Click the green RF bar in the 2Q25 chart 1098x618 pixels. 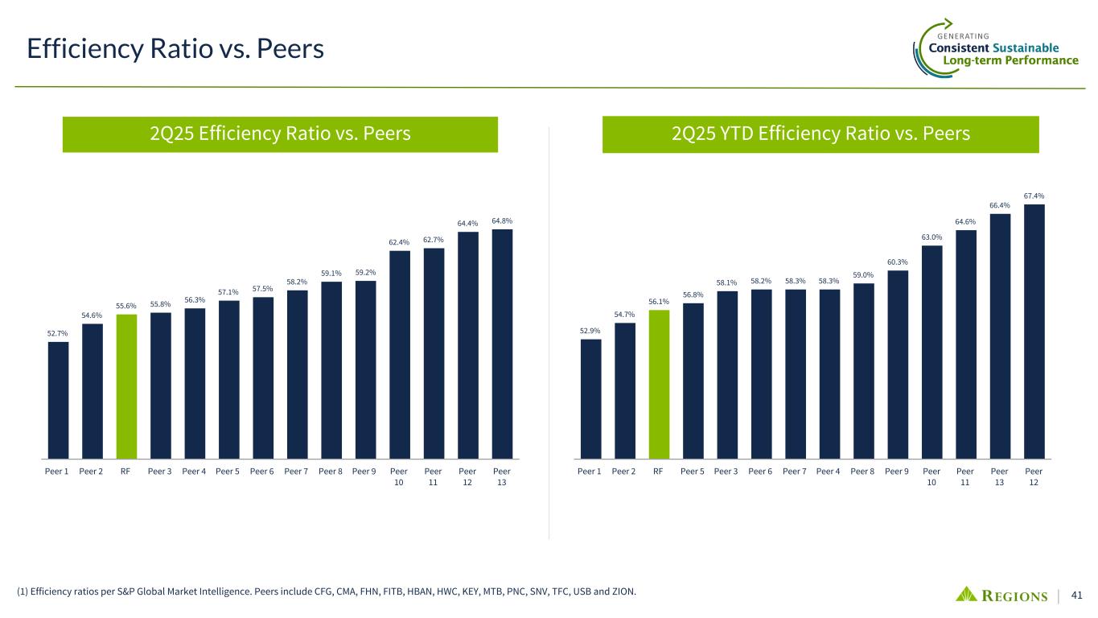pos(126,385)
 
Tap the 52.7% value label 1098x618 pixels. pos(57,333)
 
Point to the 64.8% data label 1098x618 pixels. pos(502,220)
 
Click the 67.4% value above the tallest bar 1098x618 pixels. pos(1034,196)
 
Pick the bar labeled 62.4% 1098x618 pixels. pos(400,354)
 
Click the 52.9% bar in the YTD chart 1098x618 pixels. pos(590,398)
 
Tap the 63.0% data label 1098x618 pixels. pos(931,237)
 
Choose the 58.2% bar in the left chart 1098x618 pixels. pos(297,373)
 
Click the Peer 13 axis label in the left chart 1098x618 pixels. pos(502,476)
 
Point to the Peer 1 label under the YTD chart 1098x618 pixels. pos(590,471)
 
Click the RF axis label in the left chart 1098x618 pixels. pos(125,471)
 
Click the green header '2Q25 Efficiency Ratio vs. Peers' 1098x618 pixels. pos(280,134)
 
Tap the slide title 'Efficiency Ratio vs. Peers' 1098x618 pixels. pos(175,50)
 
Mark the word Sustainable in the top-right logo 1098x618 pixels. pos(1026,48)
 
